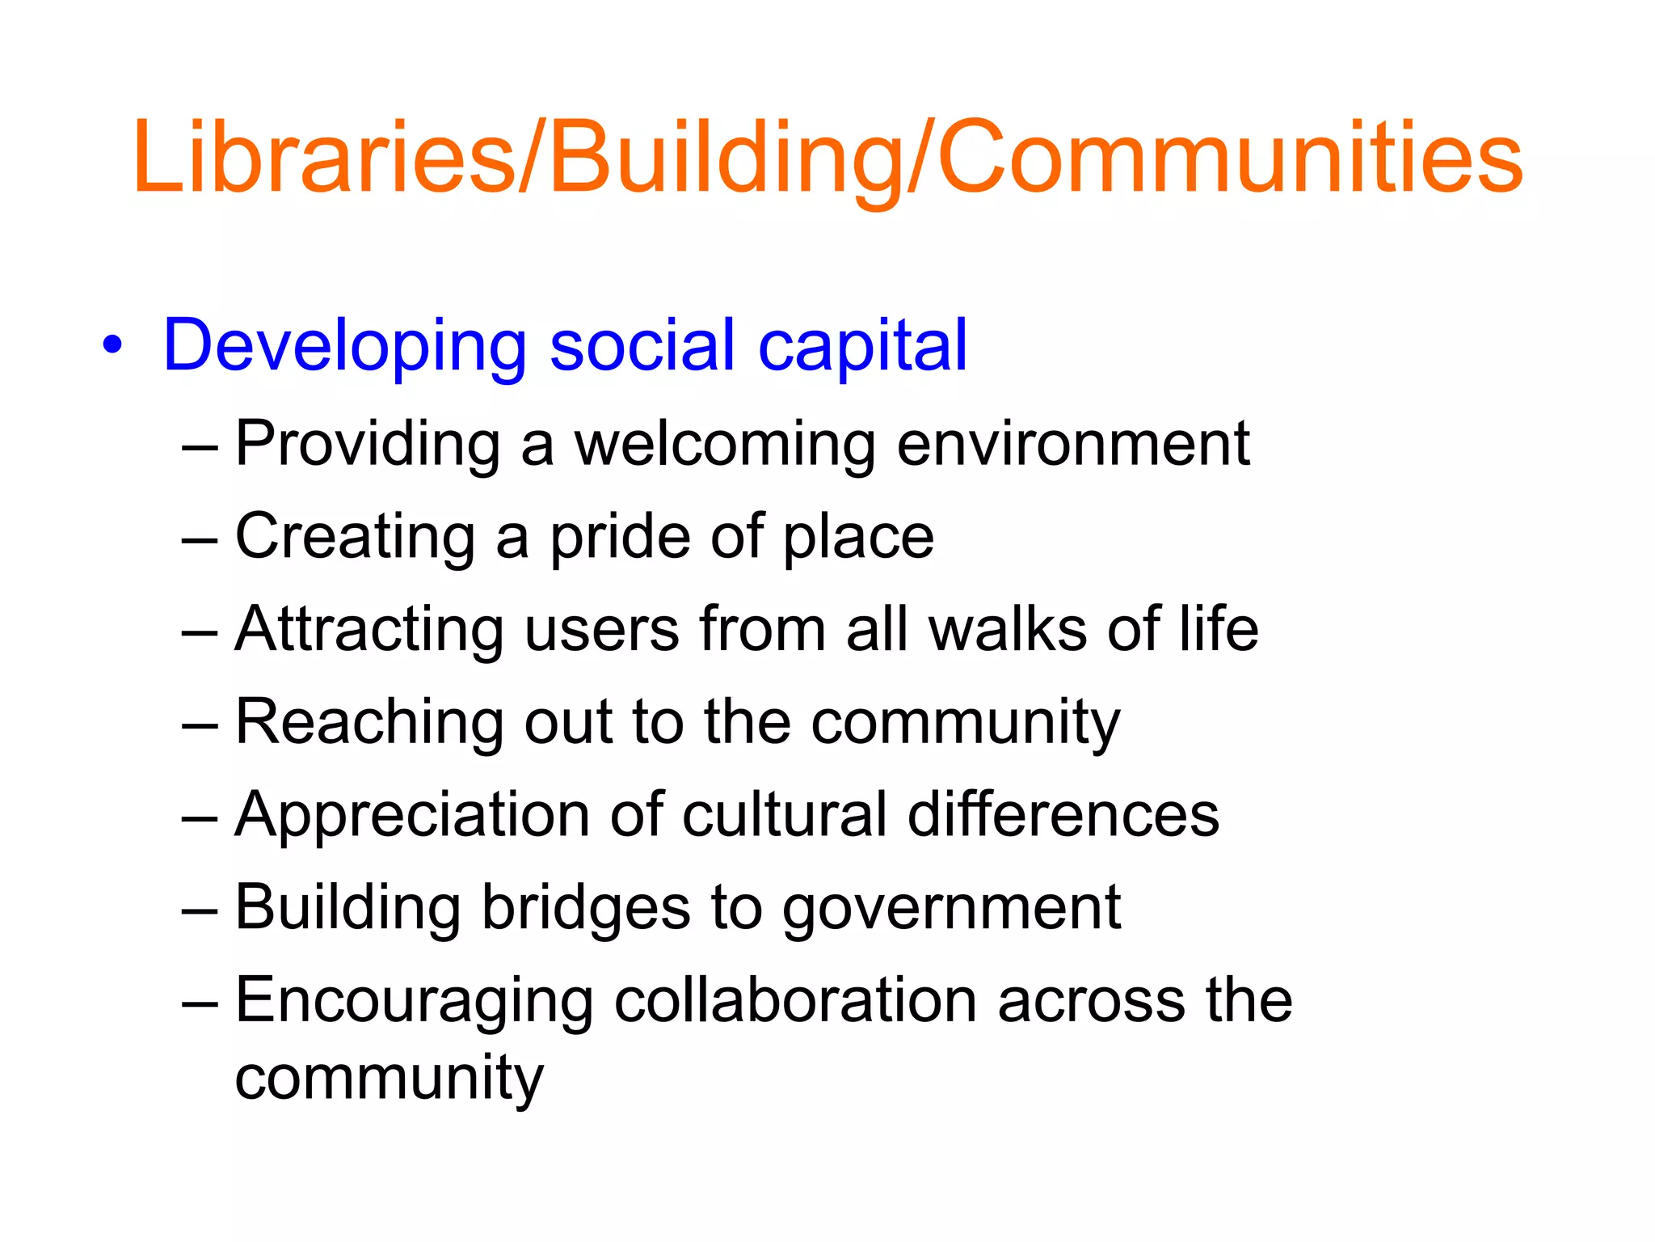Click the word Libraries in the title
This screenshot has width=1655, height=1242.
pos(323,157)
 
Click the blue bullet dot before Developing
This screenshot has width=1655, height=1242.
pos(113,346)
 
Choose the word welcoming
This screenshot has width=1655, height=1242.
pos(724,445)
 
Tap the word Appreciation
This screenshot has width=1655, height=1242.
pos(412,815)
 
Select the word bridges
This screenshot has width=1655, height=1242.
pos(587,908)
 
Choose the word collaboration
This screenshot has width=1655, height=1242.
pos(795,1001)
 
